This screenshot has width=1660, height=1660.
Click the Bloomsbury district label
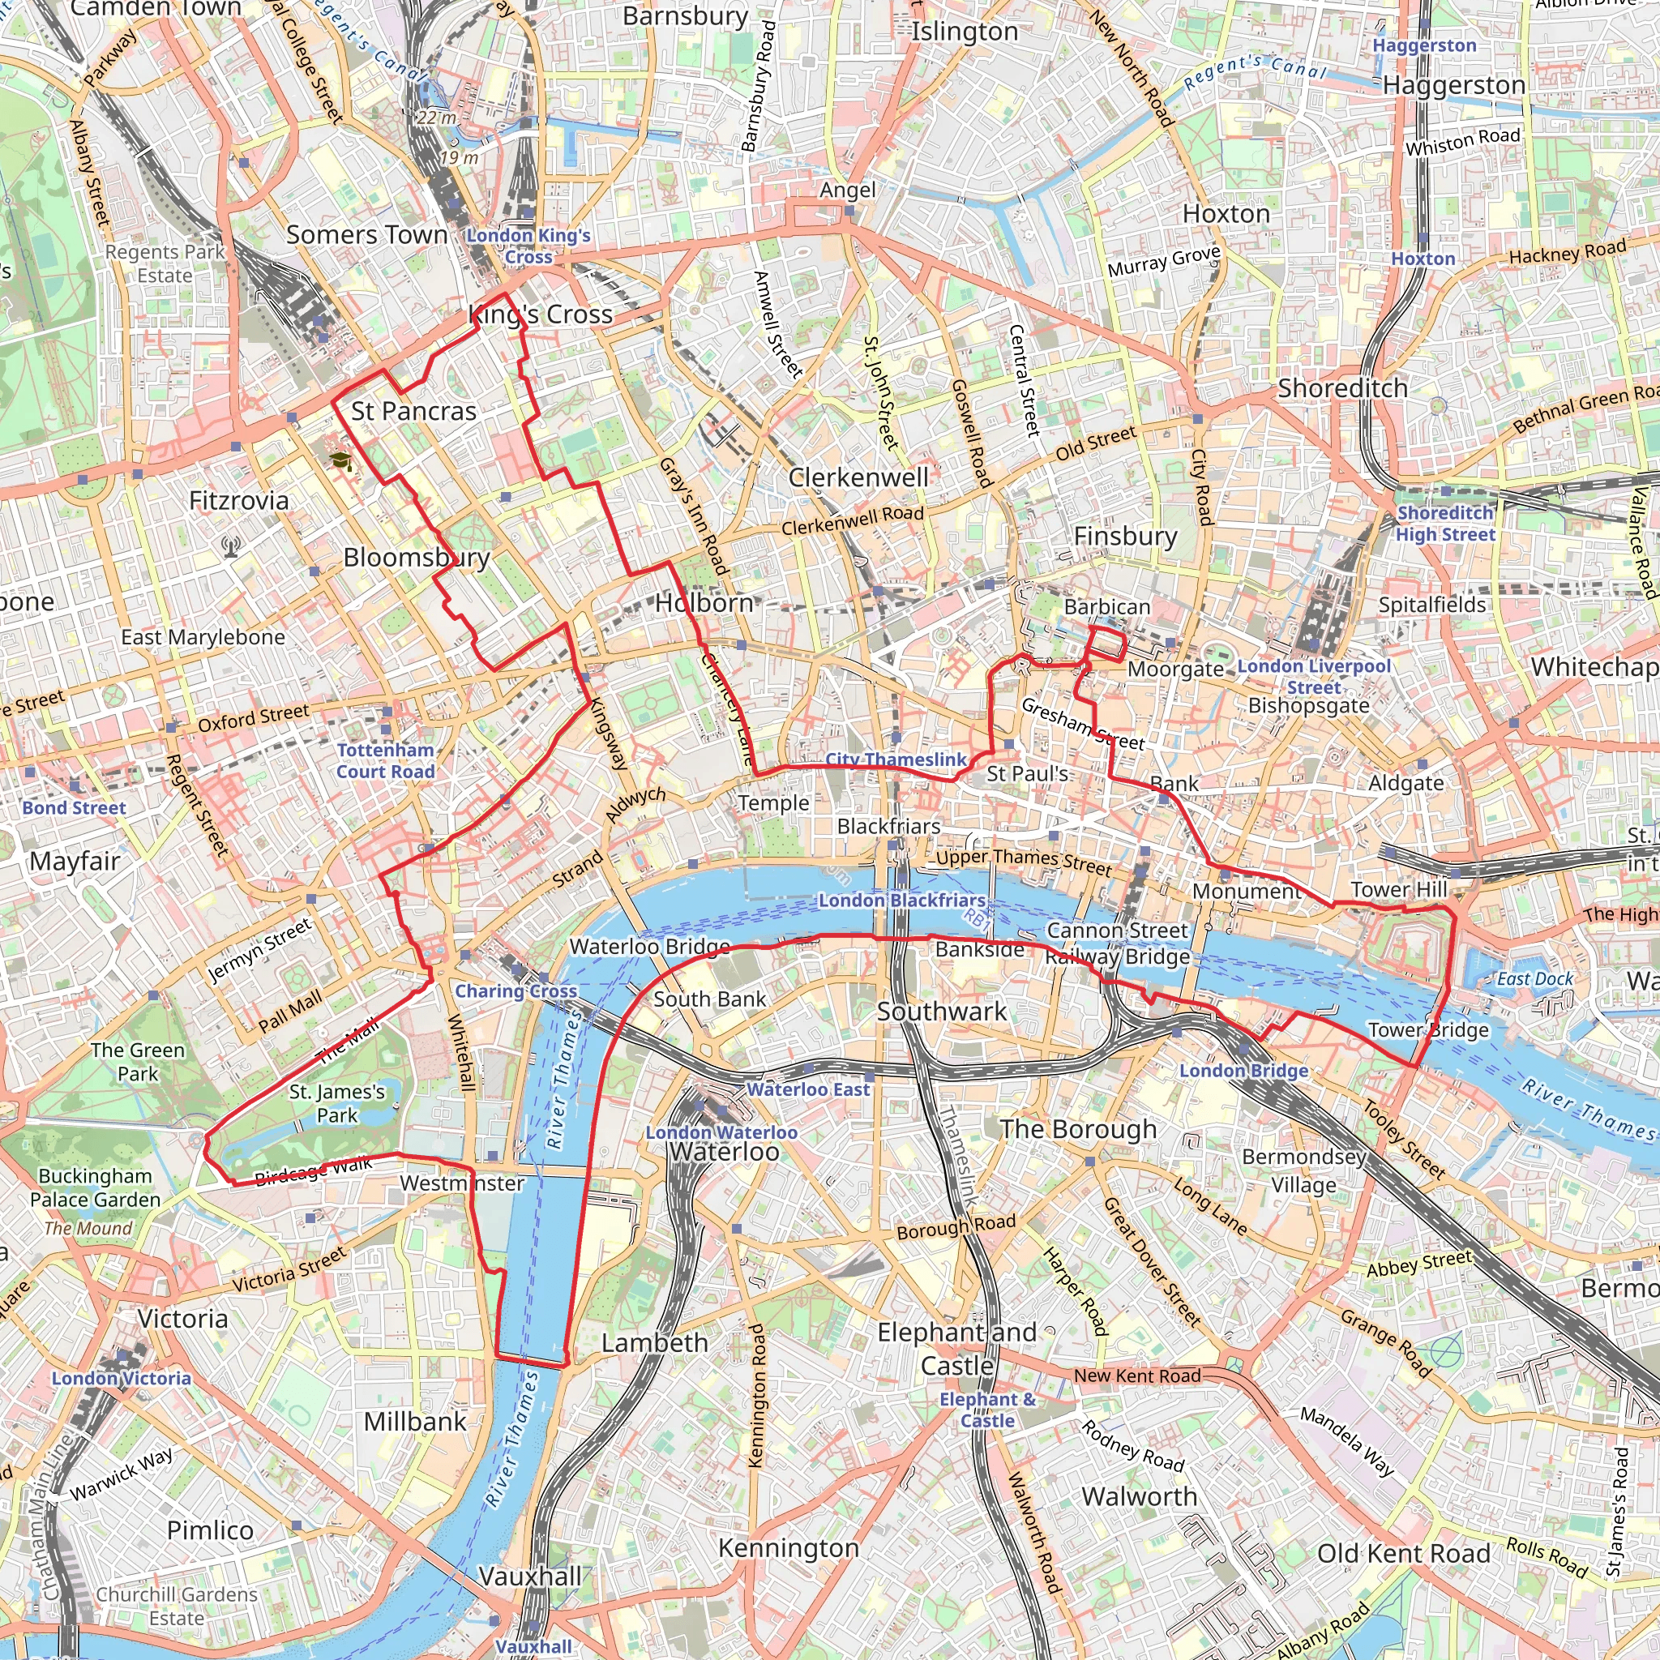click(417, 558)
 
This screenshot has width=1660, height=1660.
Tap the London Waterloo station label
click(721, 1132)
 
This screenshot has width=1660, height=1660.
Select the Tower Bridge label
click(1428, 1029)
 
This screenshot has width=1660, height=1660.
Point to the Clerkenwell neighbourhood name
click(858, 477)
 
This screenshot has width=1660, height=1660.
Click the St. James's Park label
click(337, 1103)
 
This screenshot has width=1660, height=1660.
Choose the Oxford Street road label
click(253, 717)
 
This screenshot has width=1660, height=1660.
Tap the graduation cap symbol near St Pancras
click(341, 461)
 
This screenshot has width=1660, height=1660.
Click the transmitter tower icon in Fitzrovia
click(230, 545)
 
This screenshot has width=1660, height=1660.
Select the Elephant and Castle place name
click(956, 1348)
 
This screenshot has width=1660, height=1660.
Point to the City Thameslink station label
click(896, 759)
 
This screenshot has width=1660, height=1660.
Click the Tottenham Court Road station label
click(385, 760)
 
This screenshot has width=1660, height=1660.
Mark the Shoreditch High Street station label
click(1445, 524)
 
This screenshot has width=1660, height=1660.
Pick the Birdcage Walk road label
click(314, 1170)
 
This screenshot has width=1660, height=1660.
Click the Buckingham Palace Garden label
click(96, 1187)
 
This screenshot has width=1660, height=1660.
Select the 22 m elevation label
click(437, 118)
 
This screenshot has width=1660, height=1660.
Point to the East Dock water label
click(1534, 978)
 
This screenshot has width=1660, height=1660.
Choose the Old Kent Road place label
click(1403, 1554)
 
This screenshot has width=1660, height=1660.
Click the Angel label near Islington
click(847, 190)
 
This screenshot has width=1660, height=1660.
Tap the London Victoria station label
click(121, 1377)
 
